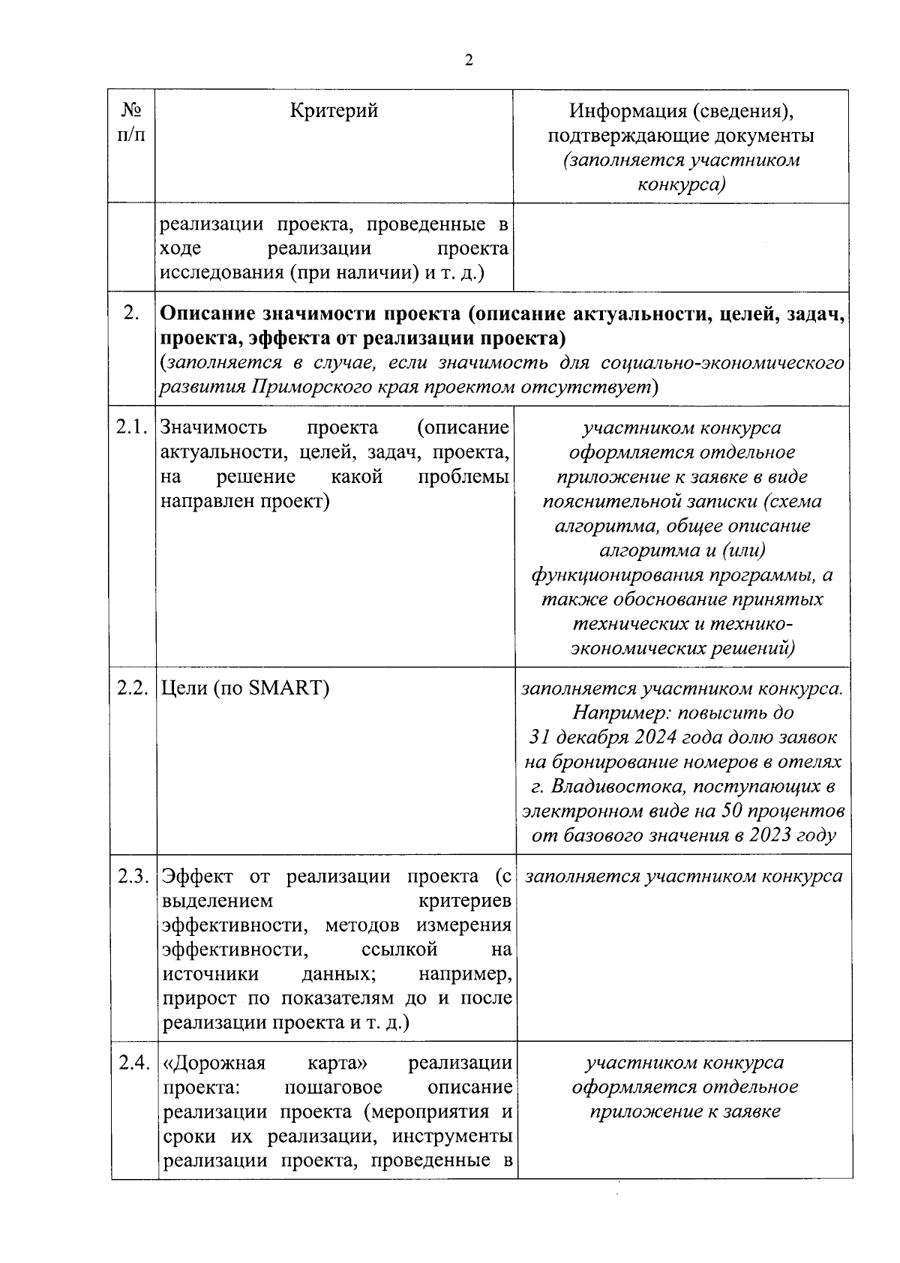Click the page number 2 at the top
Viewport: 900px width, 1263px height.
pyautogui.click(x=469, y=61)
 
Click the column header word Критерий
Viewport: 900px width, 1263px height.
pyautogui.click(x=334, y=111)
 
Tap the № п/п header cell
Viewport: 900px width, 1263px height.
pyautogui.click(x=132, y=123)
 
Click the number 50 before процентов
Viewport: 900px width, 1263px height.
pyautogui.click(x=733, y=811)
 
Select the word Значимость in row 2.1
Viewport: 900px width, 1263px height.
pyautogui.click(x=214, y=427)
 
